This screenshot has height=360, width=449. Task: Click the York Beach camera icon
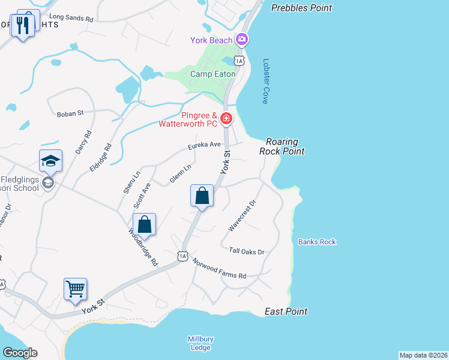tap(242, 40)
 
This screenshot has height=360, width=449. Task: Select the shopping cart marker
tap(76, 289)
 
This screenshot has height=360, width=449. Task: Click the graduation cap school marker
tap(50, 161)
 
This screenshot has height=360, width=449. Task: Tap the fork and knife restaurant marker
tap(23, 25)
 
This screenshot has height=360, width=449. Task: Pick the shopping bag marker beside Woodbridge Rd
tap(145, 225)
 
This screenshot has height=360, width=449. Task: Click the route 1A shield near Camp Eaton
tap(240, 61)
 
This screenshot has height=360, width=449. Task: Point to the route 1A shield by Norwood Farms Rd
tap(182, 256)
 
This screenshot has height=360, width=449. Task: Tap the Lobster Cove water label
tap(265, 81)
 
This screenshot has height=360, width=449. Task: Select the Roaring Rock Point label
tap(282, 146)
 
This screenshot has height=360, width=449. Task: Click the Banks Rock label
tap(317, 242)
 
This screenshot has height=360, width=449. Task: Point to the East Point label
tap(286, 311)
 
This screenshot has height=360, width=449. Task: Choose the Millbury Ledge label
tap(200, 343)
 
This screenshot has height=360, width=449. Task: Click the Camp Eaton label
tap(212, 74)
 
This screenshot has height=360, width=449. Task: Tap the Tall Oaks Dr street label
tap(247, 251)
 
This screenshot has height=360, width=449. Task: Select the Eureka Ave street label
tap(204, 145)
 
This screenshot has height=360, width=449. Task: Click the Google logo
tap(20, 352)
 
